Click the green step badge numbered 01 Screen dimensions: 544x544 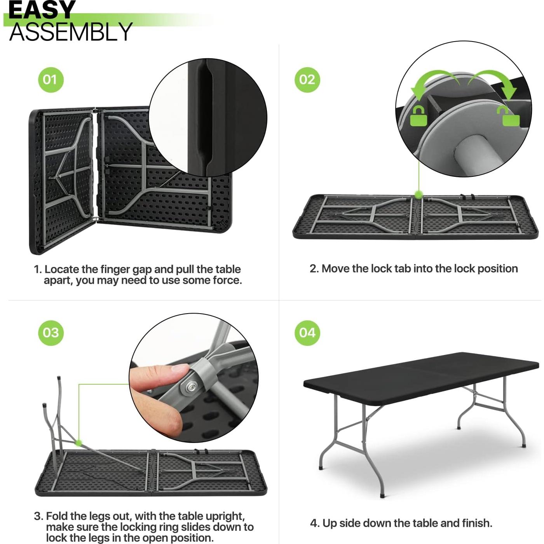[51, 80]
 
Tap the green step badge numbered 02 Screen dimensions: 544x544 [307, 80]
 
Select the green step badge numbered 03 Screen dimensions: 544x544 [51, 333]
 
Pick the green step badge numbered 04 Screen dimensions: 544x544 [307, 333]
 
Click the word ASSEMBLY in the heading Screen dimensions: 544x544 [71, 32]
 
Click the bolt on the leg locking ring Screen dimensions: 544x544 [190, 387]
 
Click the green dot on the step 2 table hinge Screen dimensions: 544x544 [418, 194]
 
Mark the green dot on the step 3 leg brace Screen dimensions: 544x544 [79, 443]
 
